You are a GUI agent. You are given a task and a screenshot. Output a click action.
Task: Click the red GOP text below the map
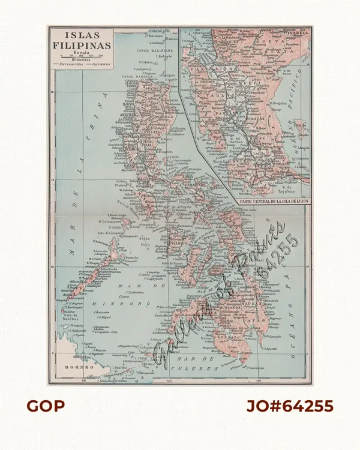[x=46, y=406]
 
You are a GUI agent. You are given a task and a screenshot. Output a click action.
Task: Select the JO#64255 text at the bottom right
[x=290, y=406]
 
